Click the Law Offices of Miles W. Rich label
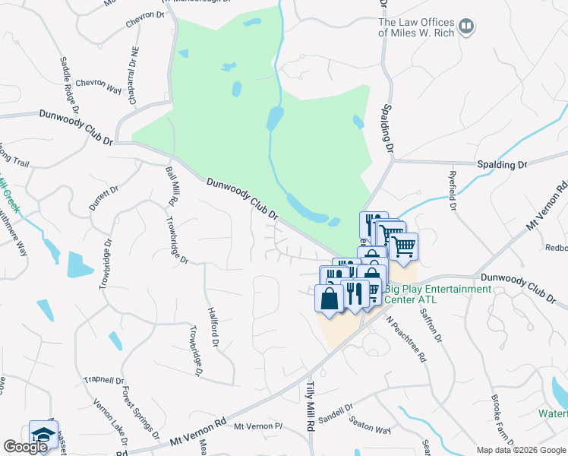click(x=416, y=28)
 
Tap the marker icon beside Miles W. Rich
click(x=467, y=28)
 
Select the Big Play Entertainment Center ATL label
click(x=437, y=294)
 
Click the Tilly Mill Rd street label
click(x=311, y=406)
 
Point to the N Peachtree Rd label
click(x=406, y=340)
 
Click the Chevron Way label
click(x=99, y=84)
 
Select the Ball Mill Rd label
click(x=170, y=187)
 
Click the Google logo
click(x=26, y=447)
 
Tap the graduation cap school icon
click(x=43, y=435)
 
